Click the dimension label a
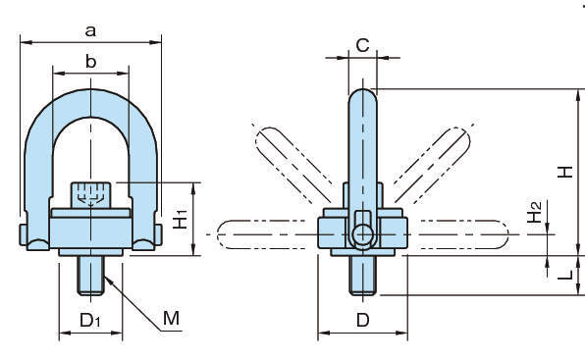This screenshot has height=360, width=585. pos(90,31)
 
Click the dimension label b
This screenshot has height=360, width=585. pos(90,61)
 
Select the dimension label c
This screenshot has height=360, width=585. pos(362,45)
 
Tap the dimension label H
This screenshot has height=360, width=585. pos(564,172)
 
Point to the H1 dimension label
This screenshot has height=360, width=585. pos(181,219)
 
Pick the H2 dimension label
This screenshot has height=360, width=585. pos(534,212)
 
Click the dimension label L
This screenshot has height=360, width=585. pos(565,275)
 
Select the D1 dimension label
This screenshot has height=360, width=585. pos(90,321)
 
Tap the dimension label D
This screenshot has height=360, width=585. pos(362,320)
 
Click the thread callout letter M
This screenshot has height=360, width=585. pos(171,318)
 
